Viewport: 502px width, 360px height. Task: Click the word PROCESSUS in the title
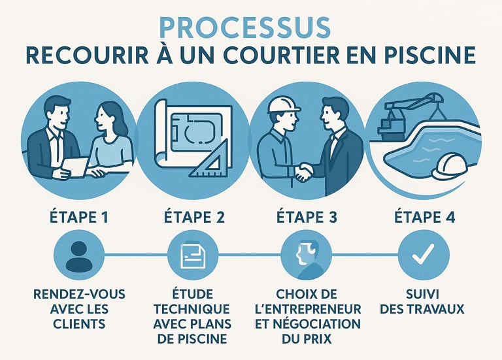(245, 28)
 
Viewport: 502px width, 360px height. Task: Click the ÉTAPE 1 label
(78, 217)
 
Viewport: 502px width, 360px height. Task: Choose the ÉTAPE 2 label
(194, 217)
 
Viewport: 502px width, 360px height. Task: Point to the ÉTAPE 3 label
(307, 217)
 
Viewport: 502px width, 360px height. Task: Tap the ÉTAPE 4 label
(424, 217)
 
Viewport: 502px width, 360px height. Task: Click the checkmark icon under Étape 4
(424, 254)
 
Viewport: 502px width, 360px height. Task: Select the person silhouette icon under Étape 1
(78, 256)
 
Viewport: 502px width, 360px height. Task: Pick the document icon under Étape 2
(193, 255)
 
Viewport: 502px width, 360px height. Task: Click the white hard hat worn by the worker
(284, 105)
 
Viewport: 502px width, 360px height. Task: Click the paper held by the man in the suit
(75, 167)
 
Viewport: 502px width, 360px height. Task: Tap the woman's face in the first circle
(103, 118)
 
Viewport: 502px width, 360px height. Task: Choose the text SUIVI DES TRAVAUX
(422, 301)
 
